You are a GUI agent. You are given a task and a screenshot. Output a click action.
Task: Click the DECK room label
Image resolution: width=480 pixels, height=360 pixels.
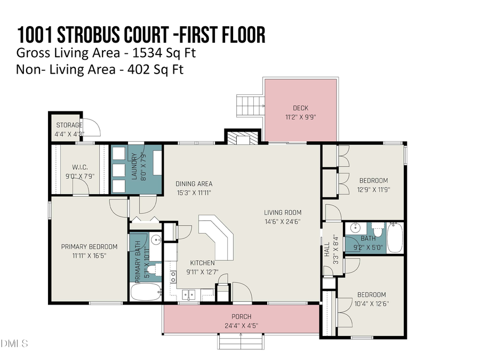click(300, 108)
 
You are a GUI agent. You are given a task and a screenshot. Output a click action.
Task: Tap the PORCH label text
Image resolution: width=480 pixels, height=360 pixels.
click(241, 317)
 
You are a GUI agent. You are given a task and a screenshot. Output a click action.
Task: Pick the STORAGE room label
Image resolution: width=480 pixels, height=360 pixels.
click(69, 125)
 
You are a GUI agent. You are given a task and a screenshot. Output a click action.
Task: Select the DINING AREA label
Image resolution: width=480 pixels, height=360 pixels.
click(194, 184)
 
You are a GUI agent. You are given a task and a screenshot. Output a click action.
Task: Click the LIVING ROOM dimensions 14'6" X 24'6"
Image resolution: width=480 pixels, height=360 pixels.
click(283, 221)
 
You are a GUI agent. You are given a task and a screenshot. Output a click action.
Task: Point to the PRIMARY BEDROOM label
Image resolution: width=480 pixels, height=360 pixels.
click(89, 246)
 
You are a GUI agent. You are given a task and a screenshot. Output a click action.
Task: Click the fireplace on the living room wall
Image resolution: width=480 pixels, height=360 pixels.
click(243, 138)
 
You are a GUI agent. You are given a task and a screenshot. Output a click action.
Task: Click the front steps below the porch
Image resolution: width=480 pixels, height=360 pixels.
click(241, 339)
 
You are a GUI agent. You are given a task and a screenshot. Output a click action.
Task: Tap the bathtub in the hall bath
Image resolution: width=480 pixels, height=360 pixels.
click(395, 238)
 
